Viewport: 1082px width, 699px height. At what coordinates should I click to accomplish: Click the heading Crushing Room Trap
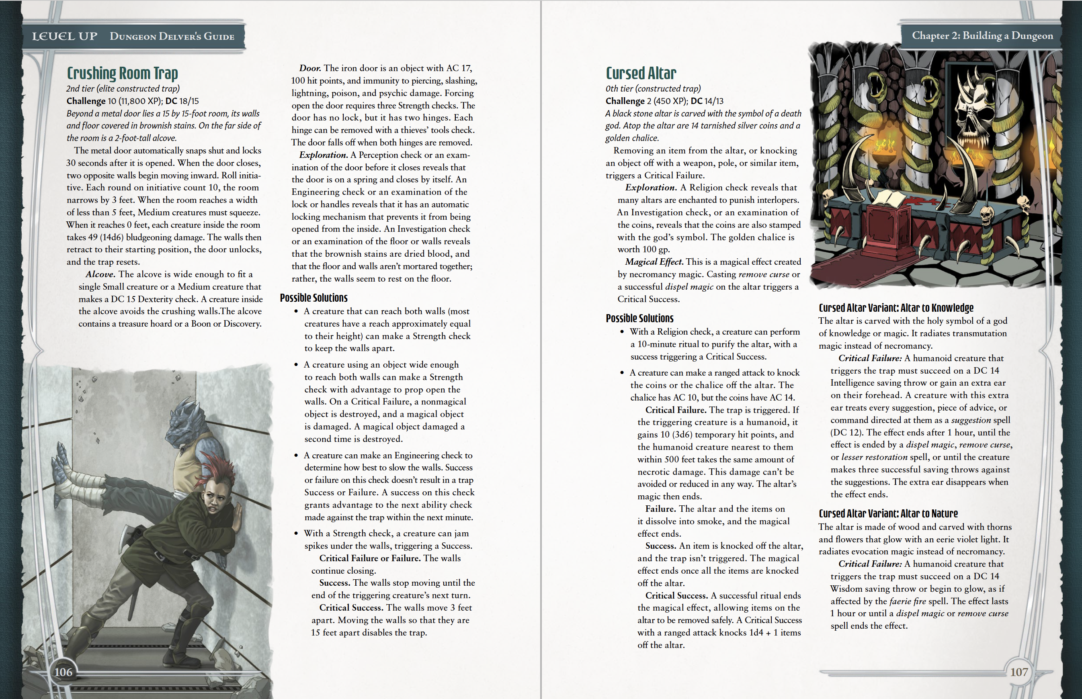click(x=122, y=74)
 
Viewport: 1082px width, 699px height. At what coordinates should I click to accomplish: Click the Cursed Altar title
click(x=641, y=74)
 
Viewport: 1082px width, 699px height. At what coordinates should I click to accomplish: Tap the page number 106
click(x=63, y=672)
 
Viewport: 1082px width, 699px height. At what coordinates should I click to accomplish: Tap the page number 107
click(x=1018, y=672)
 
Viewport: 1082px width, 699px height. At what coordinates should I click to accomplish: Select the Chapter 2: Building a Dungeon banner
click(x=982, y=36)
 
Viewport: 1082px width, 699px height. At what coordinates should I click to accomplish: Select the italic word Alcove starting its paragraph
click(x=100, y=274)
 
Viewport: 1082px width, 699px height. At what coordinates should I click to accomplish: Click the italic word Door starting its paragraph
click(x=309, y=68)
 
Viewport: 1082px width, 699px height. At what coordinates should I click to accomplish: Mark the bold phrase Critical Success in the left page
click(x=351, y=608)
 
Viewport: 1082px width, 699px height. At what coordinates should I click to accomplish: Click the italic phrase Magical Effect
click(x=654, y=262)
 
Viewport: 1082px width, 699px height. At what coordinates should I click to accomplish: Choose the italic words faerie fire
click(x=908, y=601)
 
